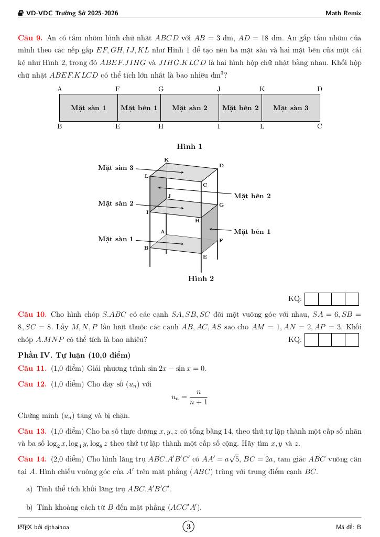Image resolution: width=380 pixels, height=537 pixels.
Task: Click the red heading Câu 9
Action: click(x=30, y=38)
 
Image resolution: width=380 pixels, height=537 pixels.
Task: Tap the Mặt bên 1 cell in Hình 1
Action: click(x=139, y=108)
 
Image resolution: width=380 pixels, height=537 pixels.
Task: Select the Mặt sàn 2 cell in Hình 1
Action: click(x=189, y=108)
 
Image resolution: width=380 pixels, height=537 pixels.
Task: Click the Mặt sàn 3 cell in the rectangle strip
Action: click(x=290, y=108)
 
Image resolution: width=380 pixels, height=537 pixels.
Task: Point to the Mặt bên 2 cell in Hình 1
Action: click(x=240, y=108)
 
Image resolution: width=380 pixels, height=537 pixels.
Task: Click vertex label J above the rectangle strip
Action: click(x=219, y=89)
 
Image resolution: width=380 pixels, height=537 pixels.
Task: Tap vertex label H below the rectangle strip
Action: click(x=161, y=126)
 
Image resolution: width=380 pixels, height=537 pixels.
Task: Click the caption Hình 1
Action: click(x=189, y=146)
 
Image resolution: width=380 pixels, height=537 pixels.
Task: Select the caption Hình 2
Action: click(x=201, y=279)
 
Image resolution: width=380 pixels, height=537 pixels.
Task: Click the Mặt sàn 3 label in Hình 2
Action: click(x=116, y=168)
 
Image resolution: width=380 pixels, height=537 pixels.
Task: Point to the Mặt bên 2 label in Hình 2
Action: click(x=252, y=196)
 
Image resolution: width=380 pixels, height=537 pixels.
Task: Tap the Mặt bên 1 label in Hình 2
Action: click(x=252, y=231)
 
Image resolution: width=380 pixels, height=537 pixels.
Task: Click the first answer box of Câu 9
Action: click(x=311, y=299)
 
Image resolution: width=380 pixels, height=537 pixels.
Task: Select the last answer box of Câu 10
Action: click(x=352, y=340)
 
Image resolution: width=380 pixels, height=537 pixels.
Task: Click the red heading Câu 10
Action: click(x=32, y=315)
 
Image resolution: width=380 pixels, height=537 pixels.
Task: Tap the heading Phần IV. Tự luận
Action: click(x=74, y=356)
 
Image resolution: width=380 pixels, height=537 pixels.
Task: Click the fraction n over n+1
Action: click(x=198, y=398)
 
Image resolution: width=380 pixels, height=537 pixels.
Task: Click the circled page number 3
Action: click(x=189, y=527)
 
